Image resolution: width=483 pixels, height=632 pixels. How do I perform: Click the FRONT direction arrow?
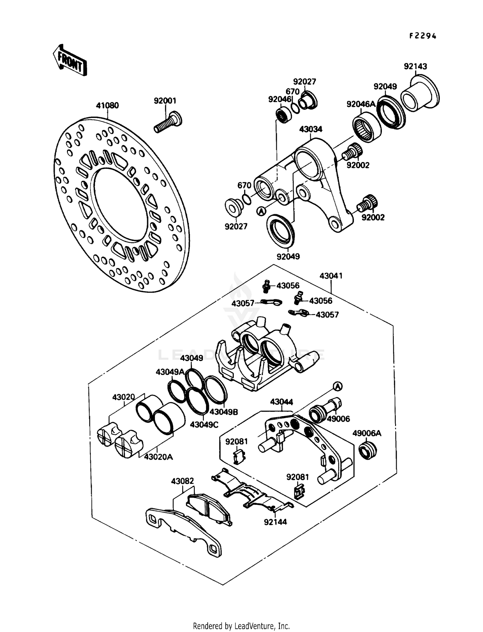70,60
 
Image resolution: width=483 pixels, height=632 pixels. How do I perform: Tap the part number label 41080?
107,105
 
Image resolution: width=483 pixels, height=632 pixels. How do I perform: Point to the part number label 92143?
415,66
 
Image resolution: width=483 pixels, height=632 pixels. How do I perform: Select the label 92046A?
361,104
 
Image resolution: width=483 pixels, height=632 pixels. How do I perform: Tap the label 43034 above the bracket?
310,129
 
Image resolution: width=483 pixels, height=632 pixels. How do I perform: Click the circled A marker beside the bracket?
261,211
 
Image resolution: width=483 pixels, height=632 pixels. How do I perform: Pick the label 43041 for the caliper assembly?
331,276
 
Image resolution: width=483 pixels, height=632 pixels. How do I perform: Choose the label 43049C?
204,425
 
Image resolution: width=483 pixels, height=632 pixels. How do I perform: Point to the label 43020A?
158,457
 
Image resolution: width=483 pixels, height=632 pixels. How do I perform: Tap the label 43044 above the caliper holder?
281,402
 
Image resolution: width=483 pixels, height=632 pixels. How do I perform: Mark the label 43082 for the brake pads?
183,481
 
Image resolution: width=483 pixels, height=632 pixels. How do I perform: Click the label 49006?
338,419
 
